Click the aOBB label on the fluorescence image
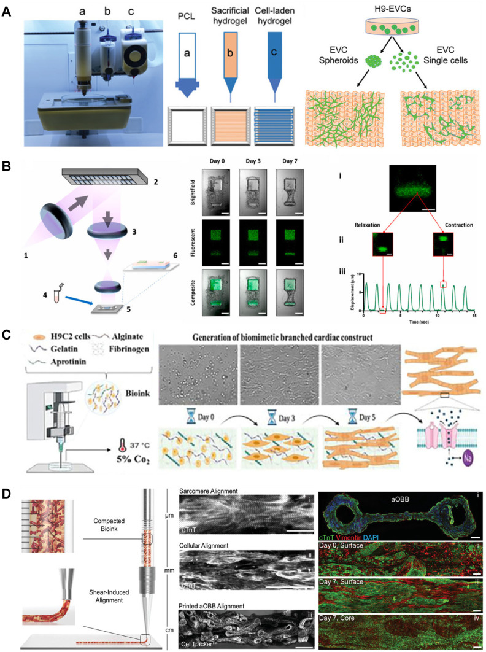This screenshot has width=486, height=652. (402, 504)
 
